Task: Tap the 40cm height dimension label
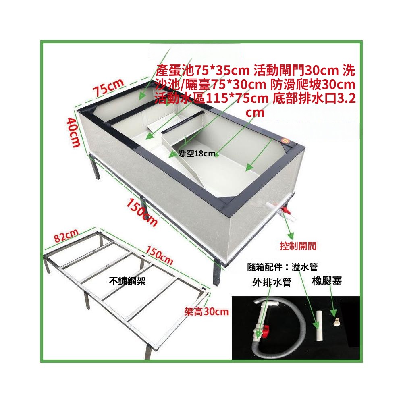tap(73, 133)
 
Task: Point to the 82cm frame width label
tap(66, 235)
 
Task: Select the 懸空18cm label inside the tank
tap(197, 154)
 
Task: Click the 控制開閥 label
tap(298, 246)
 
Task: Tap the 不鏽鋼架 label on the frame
tap(127, 281)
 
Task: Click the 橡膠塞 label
tap(327, 281)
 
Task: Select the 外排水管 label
tap(272, 282)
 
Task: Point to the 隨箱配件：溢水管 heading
tap(283, 267)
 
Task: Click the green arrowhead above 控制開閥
tap(291, 236)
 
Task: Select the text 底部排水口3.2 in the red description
tap(314, 98)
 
